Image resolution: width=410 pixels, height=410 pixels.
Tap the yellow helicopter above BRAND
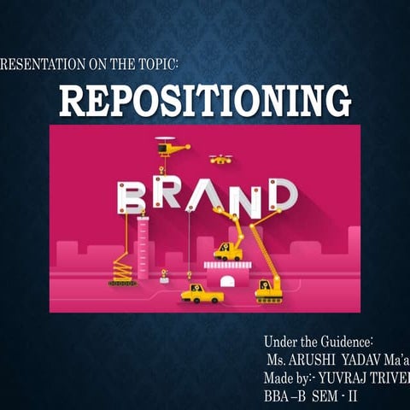[172, 147]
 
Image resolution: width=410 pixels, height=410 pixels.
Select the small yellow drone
[220, 159]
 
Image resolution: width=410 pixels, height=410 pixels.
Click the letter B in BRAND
[132, 197]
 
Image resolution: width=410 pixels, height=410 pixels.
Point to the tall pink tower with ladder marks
[143, 248]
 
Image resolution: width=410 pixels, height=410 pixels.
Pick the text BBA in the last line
[278, 390]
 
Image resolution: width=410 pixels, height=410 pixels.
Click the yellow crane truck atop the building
[228, 249]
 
